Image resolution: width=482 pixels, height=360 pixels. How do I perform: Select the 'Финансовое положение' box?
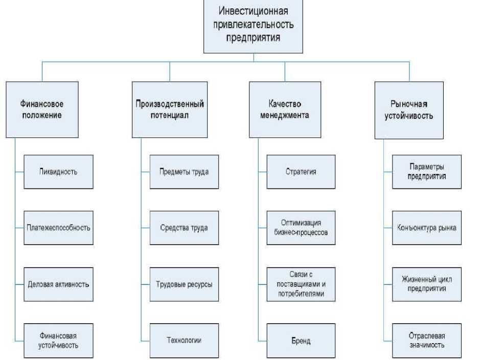42,109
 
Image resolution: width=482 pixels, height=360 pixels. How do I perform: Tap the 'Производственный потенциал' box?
170,109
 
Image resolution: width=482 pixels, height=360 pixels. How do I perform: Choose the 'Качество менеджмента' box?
285,109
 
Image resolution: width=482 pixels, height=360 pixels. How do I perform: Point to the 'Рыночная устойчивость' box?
409,110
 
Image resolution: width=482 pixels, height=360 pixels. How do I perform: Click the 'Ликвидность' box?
58,172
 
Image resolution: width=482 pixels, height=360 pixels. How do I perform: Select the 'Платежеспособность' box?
58,228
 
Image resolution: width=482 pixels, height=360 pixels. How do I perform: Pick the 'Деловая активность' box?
58,284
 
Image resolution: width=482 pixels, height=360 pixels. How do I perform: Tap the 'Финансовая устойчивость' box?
58,341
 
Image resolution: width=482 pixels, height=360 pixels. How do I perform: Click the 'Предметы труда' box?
184,172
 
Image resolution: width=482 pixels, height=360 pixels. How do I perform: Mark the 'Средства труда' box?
184,228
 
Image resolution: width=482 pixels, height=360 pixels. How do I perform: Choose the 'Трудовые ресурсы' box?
184,284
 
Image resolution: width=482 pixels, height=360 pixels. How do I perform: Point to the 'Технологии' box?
184,341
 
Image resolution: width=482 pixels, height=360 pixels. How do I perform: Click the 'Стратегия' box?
301,172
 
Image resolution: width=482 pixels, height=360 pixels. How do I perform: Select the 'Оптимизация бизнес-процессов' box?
301,228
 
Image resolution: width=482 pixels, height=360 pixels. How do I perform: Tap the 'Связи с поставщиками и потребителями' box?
301,284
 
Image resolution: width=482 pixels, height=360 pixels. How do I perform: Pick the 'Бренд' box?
301,341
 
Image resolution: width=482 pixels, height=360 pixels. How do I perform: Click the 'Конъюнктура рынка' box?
427,228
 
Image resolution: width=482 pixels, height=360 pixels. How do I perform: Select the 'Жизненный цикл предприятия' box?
427,284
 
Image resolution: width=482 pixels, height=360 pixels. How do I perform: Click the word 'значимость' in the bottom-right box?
427,345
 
